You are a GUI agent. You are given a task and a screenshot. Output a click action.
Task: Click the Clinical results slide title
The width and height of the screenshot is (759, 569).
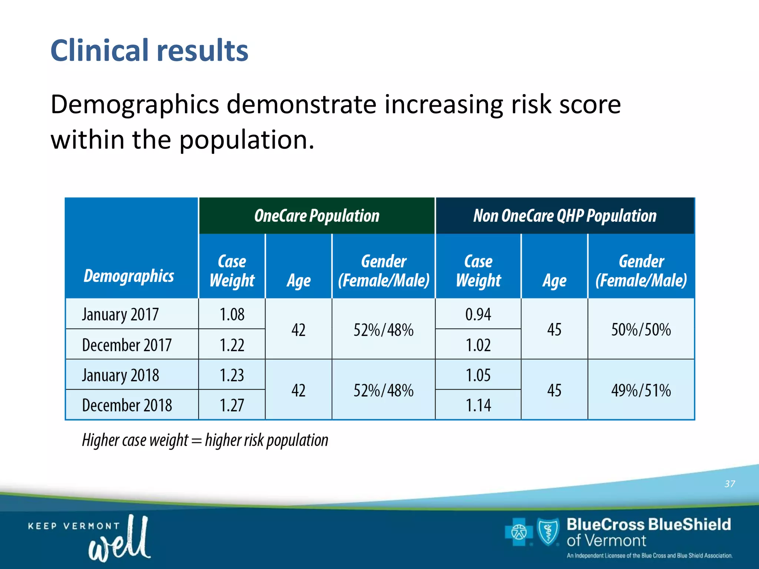149,50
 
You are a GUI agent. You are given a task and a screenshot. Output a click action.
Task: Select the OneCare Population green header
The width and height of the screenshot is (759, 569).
316,216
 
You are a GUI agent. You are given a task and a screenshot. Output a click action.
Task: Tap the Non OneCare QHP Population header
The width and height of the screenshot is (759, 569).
564,216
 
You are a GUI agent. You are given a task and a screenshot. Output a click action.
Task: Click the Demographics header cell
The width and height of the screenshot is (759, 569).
129,276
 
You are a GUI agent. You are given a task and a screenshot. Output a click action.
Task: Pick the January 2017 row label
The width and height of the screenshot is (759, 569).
120,315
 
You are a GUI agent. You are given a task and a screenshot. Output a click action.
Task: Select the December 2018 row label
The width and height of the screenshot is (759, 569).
127,405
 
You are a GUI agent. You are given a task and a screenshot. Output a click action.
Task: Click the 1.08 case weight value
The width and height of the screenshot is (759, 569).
232,315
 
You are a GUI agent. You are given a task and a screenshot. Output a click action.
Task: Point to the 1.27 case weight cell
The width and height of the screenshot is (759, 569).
232,405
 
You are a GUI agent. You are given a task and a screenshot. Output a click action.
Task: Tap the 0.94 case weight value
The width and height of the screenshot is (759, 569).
478,315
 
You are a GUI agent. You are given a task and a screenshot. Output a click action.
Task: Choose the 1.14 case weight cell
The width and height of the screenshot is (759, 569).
478,405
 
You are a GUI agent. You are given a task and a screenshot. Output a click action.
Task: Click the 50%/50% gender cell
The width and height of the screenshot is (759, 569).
641,330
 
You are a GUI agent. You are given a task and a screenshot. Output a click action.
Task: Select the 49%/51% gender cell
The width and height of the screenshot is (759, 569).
641,390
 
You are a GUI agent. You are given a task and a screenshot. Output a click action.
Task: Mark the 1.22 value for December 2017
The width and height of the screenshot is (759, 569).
232,345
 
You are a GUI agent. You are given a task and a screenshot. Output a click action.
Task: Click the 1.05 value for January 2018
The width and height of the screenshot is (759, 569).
478,375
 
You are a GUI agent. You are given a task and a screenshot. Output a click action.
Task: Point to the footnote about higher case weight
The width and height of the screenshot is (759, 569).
205,440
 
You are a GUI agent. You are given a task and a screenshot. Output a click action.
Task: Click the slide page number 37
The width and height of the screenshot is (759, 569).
729,484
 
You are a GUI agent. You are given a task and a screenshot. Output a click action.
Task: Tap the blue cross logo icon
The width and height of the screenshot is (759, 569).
518,532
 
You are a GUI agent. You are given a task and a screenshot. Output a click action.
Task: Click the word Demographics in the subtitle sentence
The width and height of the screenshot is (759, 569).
135,104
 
